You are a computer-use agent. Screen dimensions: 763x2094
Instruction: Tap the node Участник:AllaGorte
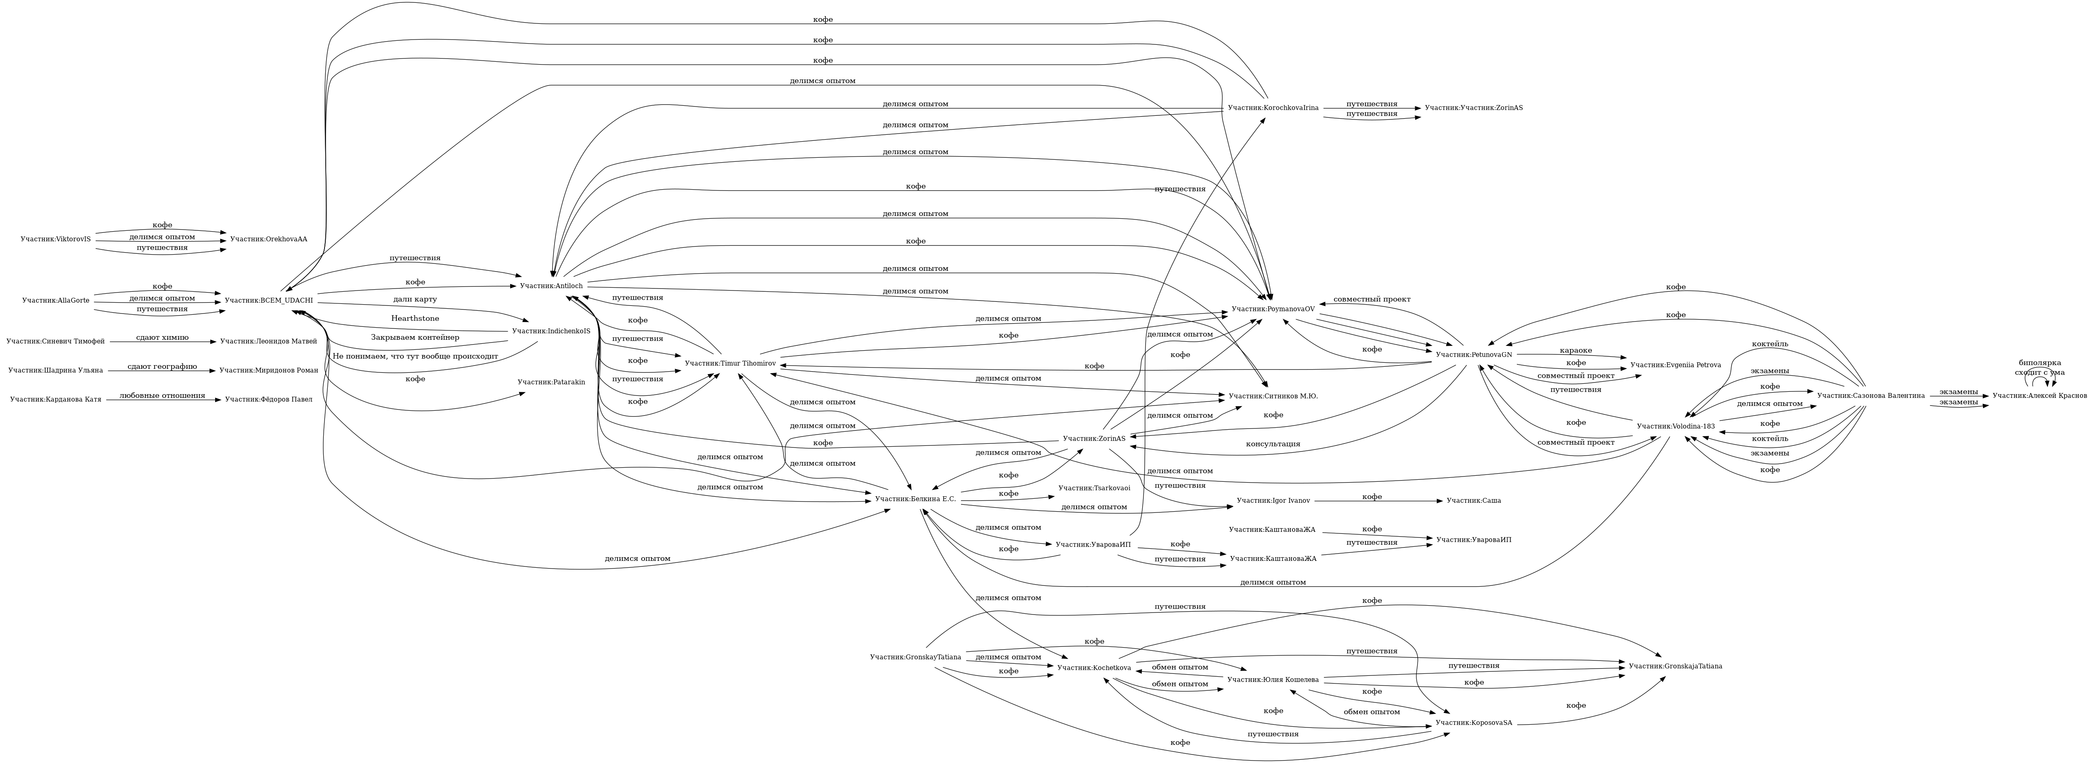[55, 301]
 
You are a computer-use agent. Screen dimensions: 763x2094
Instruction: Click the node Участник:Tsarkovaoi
[1093, 488]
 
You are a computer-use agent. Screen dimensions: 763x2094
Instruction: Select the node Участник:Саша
[1473, 502]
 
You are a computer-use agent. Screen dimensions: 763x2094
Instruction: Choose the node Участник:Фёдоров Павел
[268, 400]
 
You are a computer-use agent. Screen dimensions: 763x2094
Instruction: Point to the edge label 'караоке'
[1575, 350]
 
